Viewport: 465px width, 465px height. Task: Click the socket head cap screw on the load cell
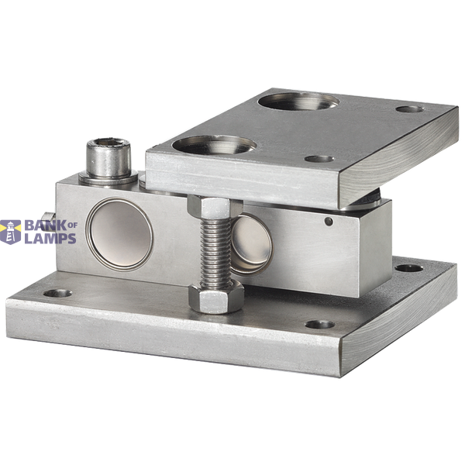click(x=108, y=158)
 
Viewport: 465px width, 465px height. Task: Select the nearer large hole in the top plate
click(x=214, y=145)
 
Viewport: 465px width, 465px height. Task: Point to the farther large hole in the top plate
click(x=298, y=102)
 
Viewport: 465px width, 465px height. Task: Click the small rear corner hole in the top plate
click(x=410, y=108)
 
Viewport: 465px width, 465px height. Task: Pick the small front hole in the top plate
click(x=319, y=159)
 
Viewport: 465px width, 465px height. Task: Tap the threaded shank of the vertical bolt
click(x=215, y=253)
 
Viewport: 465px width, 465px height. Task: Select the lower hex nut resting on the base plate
click(x=216, y=298)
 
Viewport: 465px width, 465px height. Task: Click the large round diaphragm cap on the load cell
click(x=119, y=235)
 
